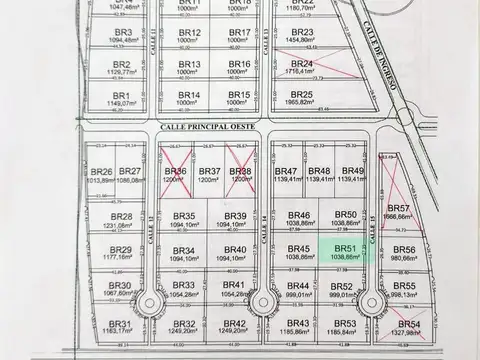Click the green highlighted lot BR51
coord(346,253)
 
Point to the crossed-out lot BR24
coord(301,68)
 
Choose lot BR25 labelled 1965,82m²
coord(301,98)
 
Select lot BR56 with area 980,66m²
coord(404,254)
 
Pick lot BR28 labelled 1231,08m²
coord(121,221)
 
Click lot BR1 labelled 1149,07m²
coord(121,98)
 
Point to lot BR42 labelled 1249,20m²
coord(235,328)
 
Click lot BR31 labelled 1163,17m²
coord(120,328)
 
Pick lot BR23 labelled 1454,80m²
coord(301,37)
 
